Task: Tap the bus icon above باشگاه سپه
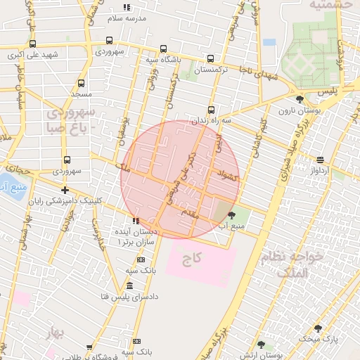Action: tap(163, 49)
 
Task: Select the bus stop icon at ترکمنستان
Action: tap(211, 59)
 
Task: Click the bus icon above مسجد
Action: tap(81, 82)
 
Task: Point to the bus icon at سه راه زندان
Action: tap(211, 110)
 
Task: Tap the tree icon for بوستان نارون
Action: tap(301, 99)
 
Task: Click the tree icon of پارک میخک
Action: tap(318, 328)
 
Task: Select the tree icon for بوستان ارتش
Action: tap(262, 345)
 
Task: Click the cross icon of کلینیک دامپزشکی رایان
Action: tap(65, 190)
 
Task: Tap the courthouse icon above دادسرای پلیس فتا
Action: tap(129, 285)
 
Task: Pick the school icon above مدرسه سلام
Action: tap(127, 7)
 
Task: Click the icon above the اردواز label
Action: tap(321, 160)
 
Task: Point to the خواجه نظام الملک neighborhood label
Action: tap(294, 265)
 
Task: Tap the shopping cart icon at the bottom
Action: tap(90, 348)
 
